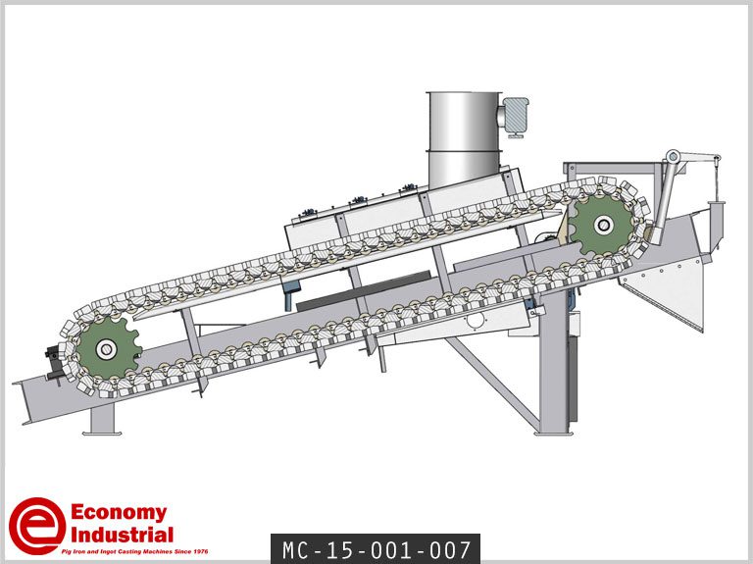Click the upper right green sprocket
pos(603,225)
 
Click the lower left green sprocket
pos(107,349)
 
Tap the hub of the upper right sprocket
pos(603,225)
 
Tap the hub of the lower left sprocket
pos(106,349)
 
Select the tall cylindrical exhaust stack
pos(464,139)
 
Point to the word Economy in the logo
pos(119,513)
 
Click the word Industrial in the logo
pos(122,535)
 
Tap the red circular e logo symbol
pos(37,526)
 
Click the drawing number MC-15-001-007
pos(376,549)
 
